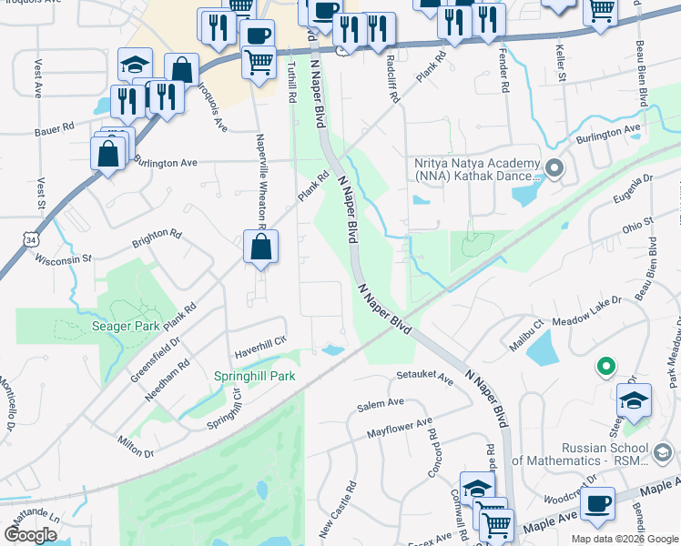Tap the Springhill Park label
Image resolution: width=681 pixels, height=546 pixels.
(x=255, y=376)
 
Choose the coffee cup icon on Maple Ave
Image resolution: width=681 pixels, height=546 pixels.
(x=598, y=504)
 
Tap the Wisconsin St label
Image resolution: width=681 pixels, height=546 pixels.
(x=64, y=258)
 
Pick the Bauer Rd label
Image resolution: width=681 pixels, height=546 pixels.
(x=56, y=131)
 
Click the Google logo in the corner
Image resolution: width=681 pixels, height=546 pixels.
(x=30, y=534)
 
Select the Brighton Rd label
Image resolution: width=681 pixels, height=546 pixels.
(x=157, y=238)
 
